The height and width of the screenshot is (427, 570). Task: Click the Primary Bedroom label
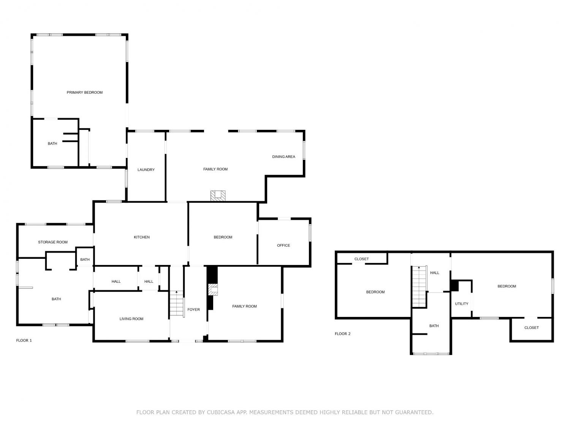tap(84, 92)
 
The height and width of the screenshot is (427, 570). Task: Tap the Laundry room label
tap(146, 170)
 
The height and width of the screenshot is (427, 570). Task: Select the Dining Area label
tap(283, 157)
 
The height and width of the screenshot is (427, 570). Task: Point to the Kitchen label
tap(141, 237)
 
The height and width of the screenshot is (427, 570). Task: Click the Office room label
tap(283, 245)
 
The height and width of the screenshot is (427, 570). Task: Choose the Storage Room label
tap(53, 242)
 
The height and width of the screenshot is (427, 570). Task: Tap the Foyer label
tap(193, 309)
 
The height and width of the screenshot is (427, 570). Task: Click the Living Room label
tap(131, 318)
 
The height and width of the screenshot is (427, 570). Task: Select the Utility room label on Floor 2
tap(461, 304)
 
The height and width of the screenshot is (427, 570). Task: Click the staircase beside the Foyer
tap(177, 303)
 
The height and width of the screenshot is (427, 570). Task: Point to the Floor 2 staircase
tap(419, 287)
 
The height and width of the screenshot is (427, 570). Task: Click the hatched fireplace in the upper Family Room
tap(218, 196)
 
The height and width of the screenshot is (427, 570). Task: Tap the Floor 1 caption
tap(24, 340)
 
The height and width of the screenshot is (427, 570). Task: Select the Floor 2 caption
tap(342, 333)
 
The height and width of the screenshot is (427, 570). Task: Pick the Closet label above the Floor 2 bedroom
tap(361, 259)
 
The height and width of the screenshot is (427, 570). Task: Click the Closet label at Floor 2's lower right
tap(531, 328)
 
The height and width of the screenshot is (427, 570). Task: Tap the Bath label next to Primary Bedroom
tap(52, 143)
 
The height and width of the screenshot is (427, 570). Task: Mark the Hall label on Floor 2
tap(434, 273)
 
